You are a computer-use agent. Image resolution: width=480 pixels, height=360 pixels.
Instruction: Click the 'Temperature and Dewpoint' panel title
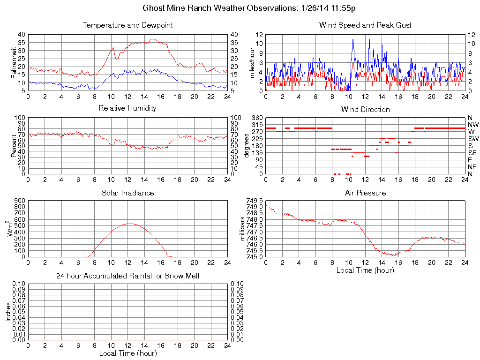[127, 25]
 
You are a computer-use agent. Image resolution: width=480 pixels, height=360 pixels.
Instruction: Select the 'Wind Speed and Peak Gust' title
[365, 25]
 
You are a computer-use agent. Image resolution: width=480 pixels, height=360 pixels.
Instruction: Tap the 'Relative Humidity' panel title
[127, 108]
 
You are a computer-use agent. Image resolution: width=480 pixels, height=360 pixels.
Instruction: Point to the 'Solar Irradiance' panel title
[127, 193]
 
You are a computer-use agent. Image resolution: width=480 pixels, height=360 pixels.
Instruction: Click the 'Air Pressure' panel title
[365, 193]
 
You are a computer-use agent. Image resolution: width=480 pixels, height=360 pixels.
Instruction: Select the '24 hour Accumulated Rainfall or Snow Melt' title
[127, 276]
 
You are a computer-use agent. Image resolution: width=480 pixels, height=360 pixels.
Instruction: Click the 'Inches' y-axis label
[8, 312]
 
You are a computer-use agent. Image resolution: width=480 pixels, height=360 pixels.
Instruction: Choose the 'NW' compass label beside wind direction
[472, 125]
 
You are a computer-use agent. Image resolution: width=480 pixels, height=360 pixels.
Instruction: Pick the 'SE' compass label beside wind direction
[472, 153]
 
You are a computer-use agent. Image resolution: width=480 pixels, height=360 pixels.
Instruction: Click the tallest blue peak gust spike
[352, 40]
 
